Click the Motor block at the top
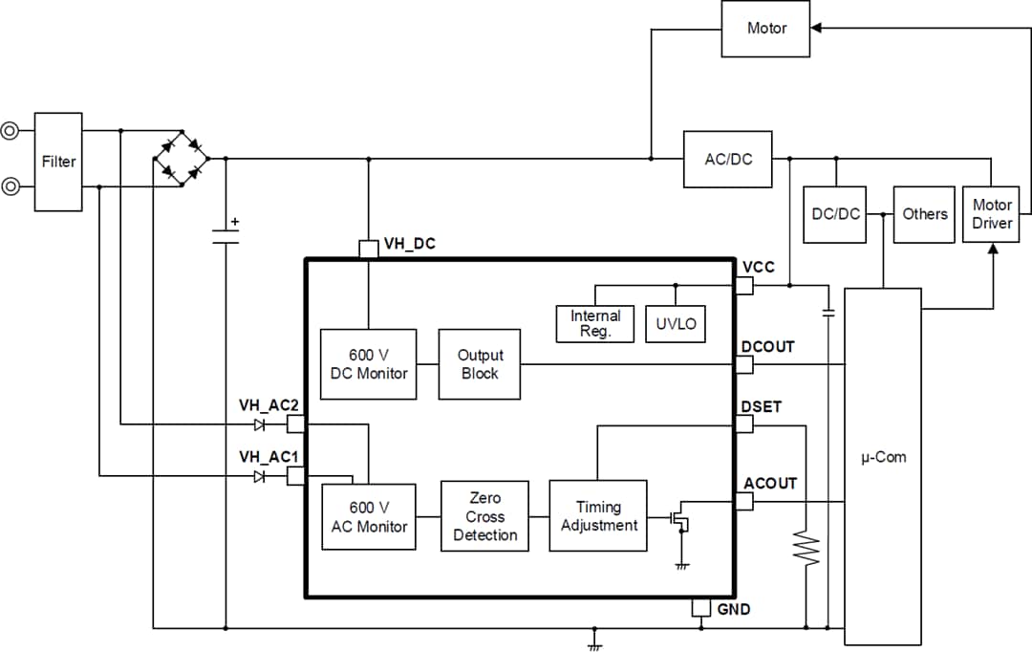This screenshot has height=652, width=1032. coord(765,29)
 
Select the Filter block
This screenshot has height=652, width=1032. coord(58,162)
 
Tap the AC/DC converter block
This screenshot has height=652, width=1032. coord(727,159)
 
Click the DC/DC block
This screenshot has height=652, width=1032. coord(834,214)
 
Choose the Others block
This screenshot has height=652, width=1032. coord(924,214)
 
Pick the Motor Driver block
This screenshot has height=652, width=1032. coord(991,214)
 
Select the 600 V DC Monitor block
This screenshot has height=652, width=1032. coord(368,364)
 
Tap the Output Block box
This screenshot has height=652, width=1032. coord(480,364)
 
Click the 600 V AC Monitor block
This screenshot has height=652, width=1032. coord(369,516)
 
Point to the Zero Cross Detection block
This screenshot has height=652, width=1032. coord(484,516)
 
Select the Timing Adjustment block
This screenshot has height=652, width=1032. coord(598,516)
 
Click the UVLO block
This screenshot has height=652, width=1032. coord(676,323)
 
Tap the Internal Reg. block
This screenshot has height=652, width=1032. coord(595,323)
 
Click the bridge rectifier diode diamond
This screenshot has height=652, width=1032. coord(182,159)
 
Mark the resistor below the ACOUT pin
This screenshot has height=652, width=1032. coord(809,550)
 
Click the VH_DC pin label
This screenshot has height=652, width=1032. coord(409,244)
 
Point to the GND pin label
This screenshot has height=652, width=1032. coord(734,609)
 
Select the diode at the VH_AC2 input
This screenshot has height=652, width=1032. coord(259,424)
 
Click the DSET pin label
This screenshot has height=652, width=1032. coord(761,406)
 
